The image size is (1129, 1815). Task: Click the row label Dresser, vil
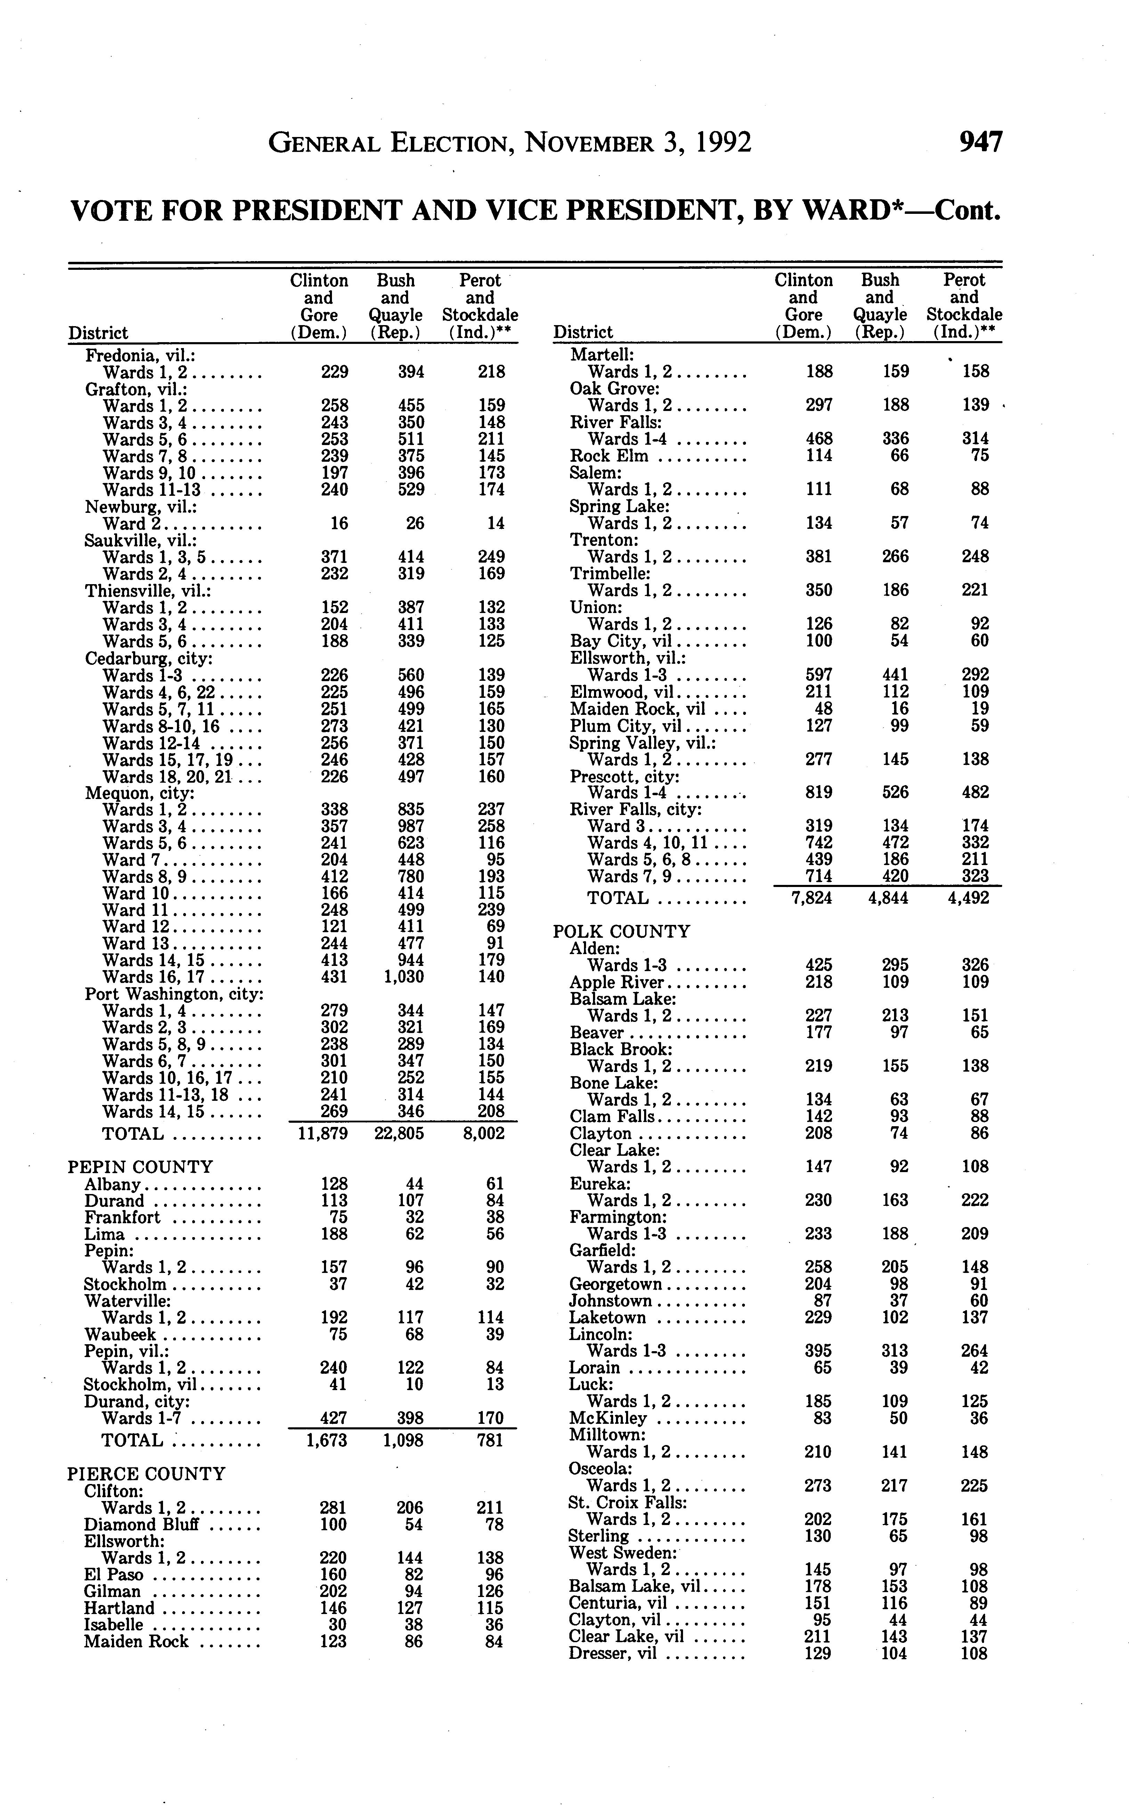612,1653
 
